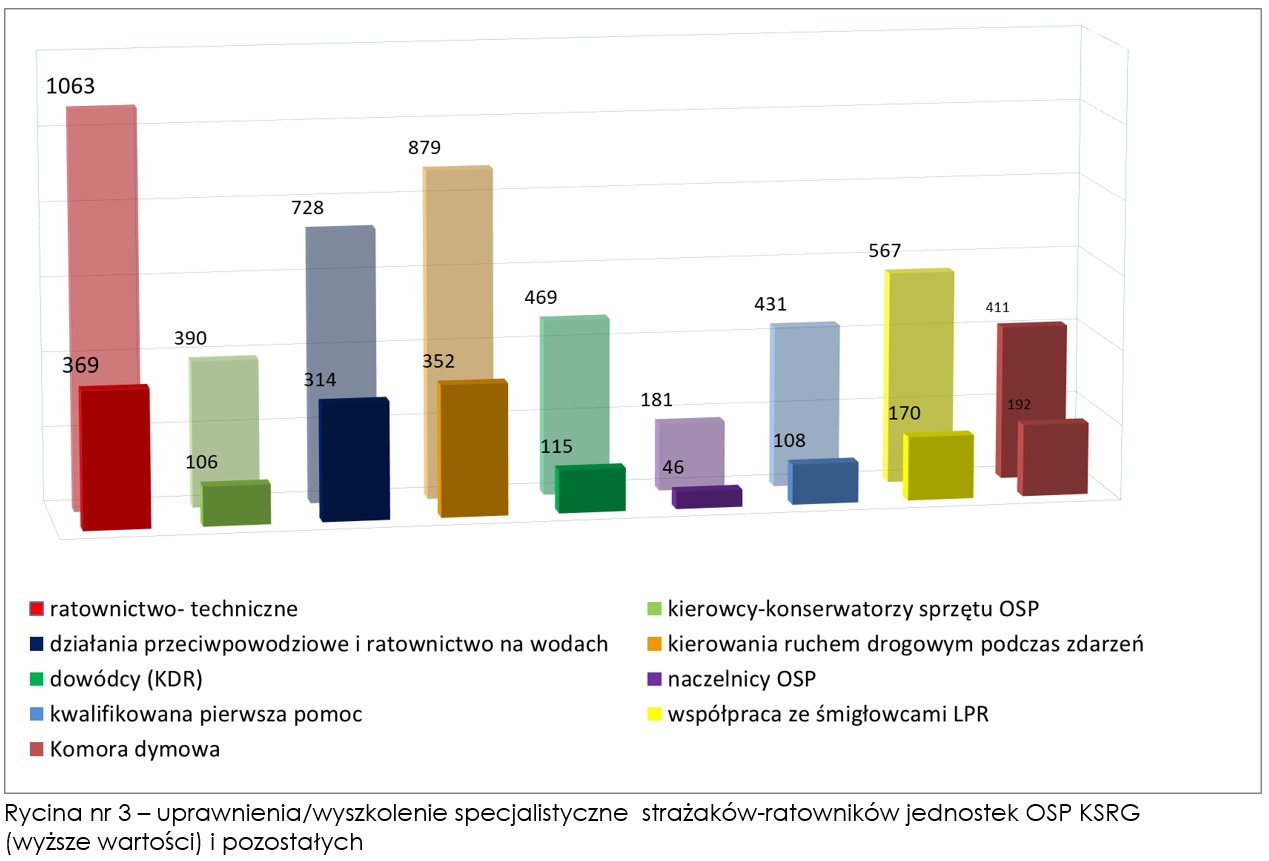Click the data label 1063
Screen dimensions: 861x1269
(x=71, y=86)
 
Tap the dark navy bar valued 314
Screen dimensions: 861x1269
(x=354, y=459)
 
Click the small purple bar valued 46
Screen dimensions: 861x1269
(x=707, y=497)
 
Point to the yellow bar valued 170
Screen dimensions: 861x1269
(x=939, y=465)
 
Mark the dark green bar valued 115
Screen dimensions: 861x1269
(x=591, y=489)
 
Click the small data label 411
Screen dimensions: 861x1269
(x=997, y=307)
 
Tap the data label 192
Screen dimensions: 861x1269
(x=1019, y=404)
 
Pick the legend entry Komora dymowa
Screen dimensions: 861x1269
(x=135, y=749)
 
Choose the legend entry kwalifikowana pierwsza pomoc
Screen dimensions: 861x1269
(x=205, y=714)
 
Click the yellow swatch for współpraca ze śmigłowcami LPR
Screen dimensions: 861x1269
(x=656, y=714)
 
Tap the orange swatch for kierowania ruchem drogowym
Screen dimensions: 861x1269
(x=656, y=644)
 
